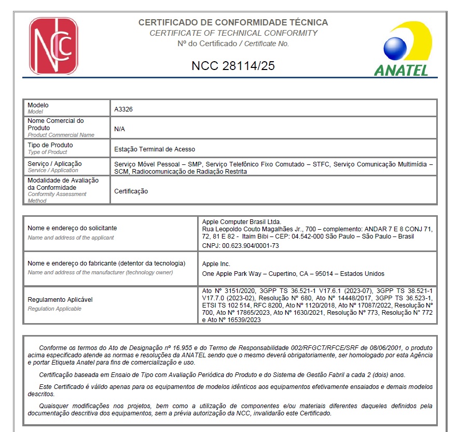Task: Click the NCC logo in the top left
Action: (53, 46)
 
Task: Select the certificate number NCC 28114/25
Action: (233, 66)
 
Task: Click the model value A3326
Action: (123, 109)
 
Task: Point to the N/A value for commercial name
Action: (119, 129)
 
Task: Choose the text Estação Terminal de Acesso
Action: (155, 149)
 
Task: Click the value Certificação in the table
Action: (131, 191)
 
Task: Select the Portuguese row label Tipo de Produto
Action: (50, 145)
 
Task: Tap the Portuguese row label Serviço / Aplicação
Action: (54, 164)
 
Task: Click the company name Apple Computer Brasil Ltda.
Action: (241, 221)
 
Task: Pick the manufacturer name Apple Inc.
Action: (216, 264)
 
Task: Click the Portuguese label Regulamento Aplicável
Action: (60, 300)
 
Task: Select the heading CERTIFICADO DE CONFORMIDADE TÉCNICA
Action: (233, 23)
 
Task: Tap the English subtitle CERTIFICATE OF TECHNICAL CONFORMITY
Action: (233, 33)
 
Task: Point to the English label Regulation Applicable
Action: (54, 309)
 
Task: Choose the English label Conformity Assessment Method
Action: (57, 197)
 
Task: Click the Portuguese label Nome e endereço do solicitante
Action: (72, 228)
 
